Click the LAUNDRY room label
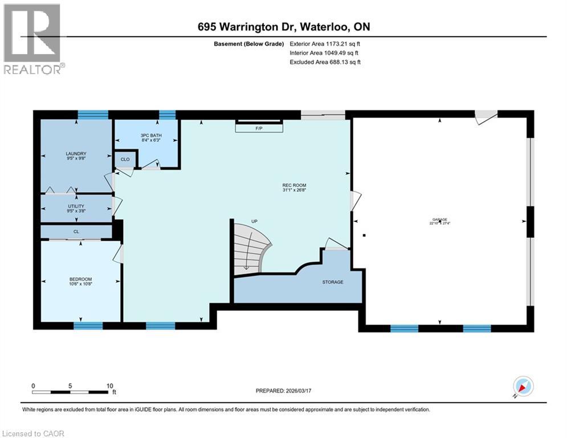pyautogui.click(x=76, y=153)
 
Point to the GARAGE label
pyautogui.click(x=439, y=219)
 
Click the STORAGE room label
pyautogui.click(x=333, y=282)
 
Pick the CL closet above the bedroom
pyautogui.click(x=76, y=232)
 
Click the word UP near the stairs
pyautogui.click(x=255, y=221)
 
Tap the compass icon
pyautogui.click(x=523, y=387)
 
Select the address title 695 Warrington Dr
pyautogui.click(x=283, y=27)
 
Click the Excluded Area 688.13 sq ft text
pyautogui.click(x=325, y=62)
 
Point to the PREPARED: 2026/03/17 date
pyautogui.click(x=283, y=391)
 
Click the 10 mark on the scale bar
pyautogui.click(x=109, y=386)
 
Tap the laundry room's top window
pyautogui.click(x=93, y=115)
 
